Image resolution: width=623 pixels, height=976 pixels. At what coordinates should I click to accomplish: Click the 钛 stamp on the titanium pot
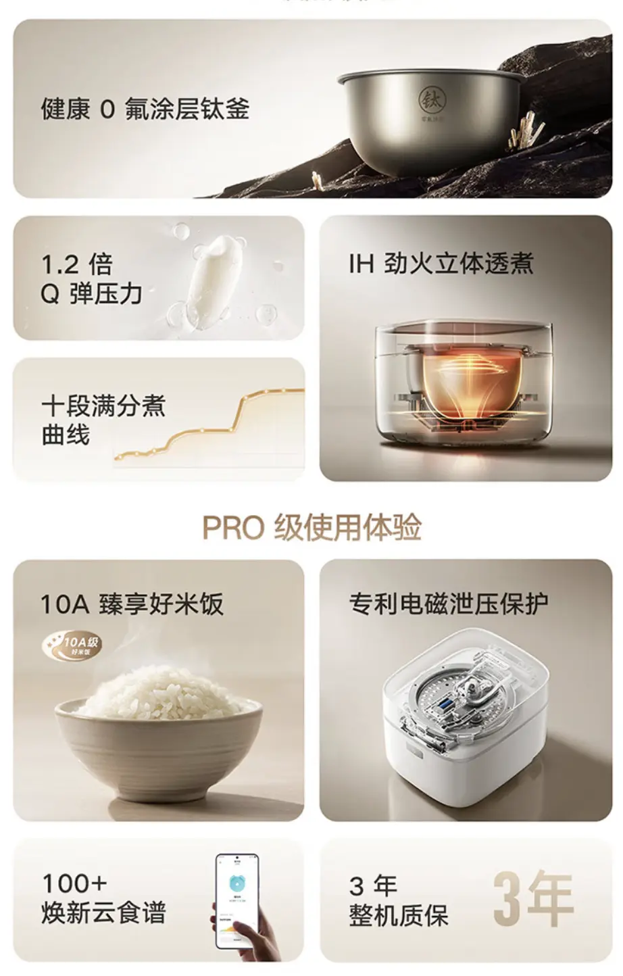[431, 100]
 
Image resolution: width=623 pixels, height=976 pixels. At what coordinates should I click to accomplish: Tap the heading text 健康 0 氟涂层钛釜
[145, 109]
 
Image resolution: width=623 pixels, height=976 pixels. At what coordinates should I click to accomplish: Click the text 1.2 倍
[76, 264]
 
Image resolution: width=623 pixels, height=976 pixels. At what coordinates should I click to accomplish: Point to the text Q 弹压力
[92, 294]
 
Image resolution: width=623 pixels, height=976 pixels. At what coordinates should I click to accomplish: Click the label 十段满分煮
[103, 406]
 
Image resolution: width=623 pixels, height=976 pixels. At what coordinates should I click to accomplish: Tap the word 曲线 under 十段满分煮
[66, 435]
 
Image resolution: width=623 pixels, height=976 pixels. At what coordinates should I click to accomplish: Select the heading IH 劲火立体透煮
[441, 264]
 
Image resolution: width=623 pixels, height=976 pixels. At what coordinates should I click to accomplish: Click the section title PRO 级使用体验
[311, 527]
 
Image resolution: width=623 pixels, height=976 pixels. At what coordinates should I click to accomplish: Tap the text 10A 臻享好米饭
[132, 604]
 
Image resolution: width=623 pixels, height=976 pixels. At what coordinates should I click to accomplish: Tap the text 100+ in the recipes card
[74, 883]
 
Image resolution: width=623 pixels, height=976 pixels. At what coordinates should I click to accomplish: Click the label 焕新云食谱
[103, 912]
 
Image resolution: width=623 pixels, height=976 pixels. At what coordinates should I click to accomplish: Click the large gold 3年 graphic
[533, 899]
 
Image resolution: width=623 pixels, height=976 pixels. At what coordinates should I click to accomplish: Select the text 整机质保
[399, 916]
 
